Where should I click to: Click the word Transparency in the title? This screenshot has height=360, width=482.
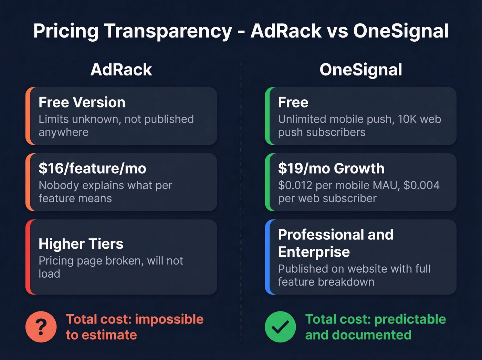pos(168,31)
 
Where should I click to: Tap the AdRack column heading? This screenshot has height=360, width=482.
pos(121,70)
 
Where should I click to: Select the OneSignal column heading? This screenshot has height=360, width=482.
pos(360,70)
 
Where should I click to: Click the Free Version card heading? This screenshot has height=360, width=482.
pos(82,102)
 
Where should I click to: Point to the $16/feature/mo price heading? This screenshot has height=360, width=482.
pos(92,168)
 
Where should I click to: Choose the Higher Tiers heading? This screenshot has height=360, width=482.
pos(81,244)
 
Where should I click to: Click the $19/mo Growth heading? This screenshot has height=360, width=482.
pos(331,168)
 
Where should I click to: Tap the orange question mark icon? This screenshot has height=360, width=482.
pos(41,327)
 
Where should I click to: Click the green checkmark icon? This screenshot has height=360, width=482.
pos(280,327)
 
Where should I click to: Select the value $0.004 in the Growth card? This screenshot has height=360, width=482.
pos(421,185)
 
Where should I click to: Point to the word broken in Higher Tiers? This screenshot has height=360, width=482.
pos(124,261)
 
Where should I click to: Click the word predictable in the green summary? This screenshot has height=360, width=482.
pos(410,319)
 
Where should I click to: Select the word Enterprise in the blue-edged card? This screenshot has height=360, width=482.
pos(314,252)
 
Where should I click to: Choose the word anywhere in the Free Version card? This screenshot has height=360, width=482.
pos(63,132)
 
